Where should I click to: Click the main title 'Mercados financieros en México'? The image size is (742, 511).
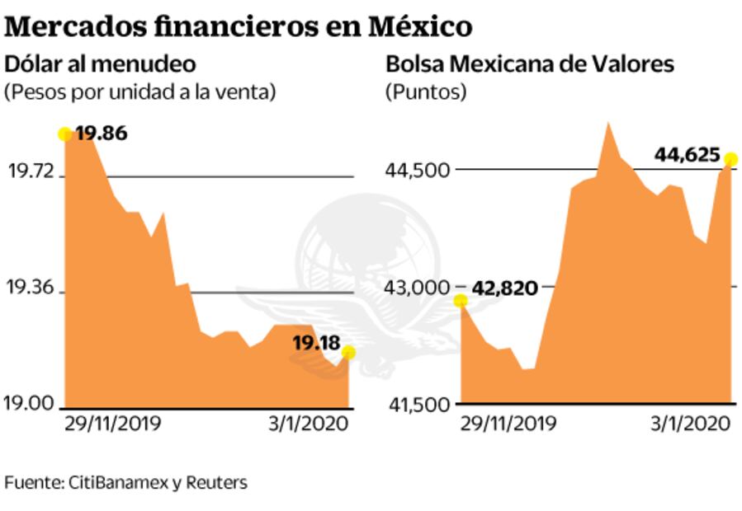click(x=239, y=26)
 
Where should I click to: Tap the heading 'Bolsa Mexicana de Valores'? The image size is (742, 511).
click(x=530, y=63)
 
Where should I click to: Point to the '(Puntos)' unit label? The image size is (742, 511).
click(x=426, y=91)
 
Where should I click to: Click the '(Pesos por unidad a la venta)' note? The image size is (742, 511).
click(x=139, y=91)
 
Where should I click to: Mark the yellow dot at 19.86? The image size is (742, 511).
click(x=64, y=134)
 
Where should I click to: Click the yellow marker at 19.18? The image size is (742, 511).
click(x=348, y=353)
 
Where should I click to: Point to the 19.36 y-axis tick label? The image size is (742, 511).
click(x=31, y=288)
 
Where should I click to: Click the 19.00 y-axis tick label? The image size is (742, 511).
click(x=31, y=404)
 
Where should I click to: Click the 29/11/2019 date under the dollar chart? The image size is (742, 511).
click(x=113, y=424)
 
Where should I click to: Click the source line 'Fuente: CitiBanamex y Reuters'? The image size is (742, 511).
click(x=125, y=482)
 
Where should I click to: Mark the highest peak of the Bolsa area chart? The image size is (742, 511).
click(x=607, y=123)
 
